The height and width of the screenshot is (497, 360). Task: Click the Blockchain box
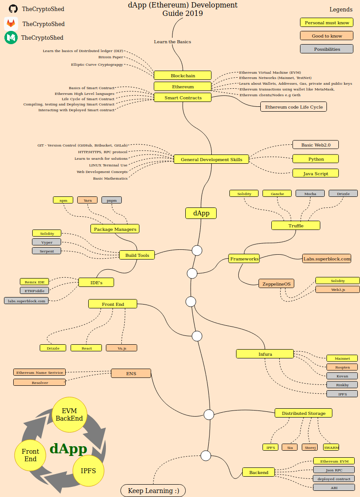tap(183, 75)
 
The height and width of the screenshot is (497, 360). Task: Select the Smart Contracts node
tap(183, 98)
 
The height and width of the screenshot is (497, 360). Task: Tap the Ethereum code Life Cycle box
tap(293, 107)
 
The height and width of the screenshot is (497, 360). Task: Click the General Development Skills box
tap(211, 159)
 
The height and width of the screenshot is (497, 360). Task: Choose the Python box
tap(315, 159)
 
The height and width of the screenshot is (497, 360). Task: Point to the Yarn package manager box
tap(87, 200)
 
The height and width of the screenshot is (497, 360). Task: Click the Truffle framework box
tap(296, 226)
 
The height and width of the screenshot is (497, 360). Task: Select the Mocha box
tap(310, 193)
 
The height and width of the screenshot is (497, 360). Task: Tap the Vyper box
tap(47, 242)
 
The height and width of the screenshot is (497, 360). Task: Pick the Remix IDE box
tap(34, 282)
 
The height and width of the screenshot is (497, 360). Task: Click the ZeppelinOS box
tap(276, 283)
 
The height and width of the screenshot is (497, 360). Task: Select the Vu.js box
tap(121, 348)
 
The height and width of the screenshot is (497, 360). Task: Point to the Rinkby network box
tap(342, 385)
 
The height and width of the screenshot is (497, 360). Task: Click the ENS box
tap(131, 373)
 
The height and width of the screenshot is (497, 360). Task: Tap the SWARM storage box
tap(331, 447)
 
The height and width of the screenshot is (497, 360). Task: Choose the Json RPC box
tap(334, 470)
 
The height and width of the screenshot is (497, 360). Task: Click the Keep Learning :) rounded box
tap(153, 490)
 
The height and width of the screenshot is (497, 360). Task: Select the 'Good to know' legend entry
tap(327, 36)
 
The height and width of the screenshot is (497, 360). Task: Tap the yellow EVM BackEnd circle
tap(69, 414)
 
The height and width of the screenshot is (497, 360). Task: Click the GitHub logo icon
tap(13, 8)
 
